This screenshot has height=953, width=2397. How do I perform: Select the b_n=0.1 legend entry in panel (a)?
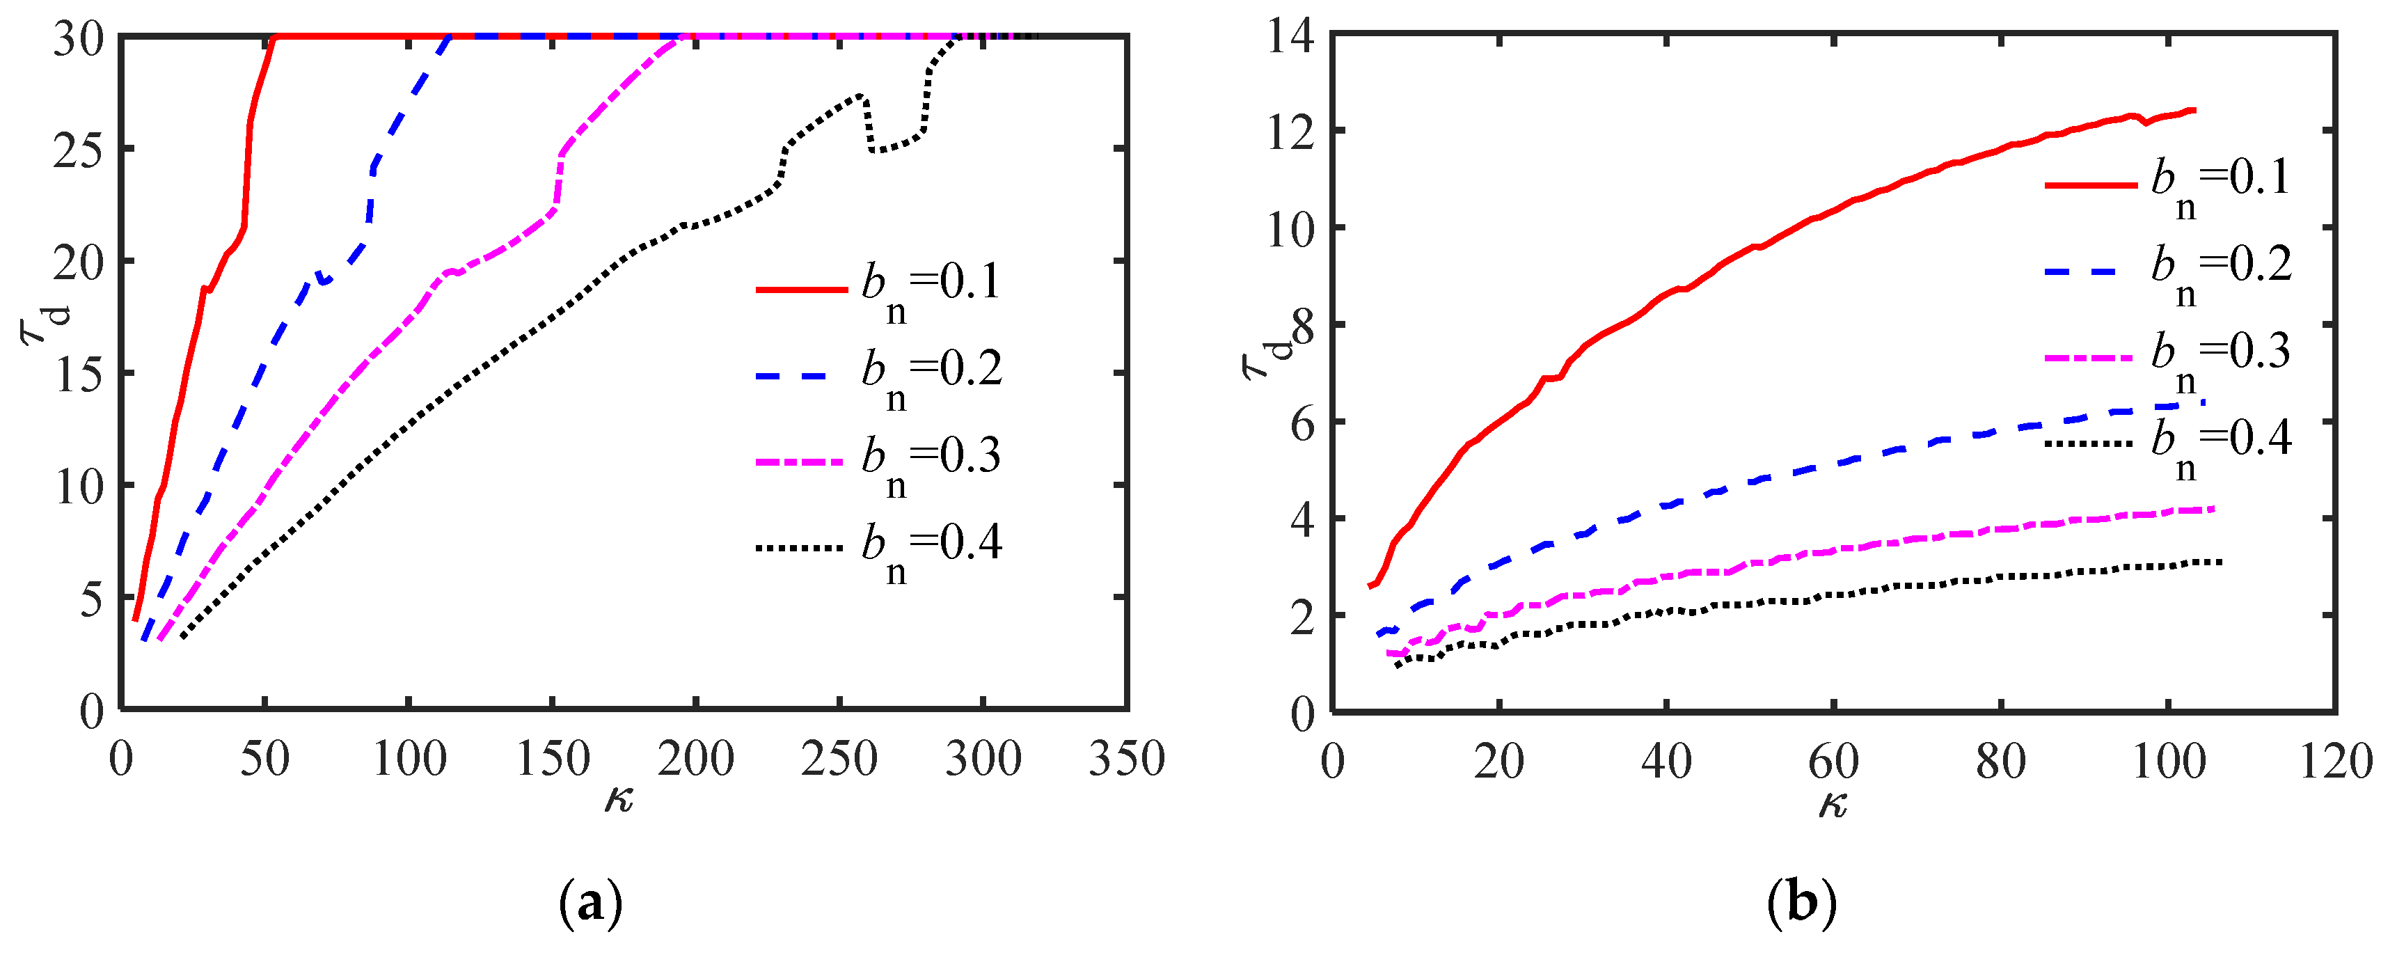point(878,290)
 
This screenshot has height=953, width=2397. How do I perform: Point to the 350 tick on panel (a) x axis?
point(1127,759)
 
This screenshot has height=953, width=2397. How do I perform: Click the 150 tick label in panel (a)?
point(553,759)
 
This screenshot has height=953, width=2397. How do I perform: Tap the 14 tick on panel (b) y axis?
point(1290,37)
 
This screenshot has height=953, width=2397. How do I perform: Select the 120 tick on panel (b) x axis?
point(2336,762)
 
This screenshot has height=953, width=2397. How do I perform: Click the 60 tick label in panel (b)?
point(1833,762)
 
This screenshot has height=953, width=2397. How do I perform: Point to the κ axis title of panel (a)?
point(619,798)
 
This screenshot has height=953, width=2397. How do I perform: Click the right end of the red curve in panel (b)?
point(2194,111)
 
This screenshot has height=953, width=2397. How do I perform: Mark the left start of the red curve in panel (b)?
point(1369,586)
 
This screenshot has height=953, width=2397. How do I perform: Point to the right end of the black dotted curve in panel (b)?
point(2221,562)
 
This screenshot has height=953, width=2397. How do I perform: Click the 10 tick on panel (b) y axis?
point(1290,228)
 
